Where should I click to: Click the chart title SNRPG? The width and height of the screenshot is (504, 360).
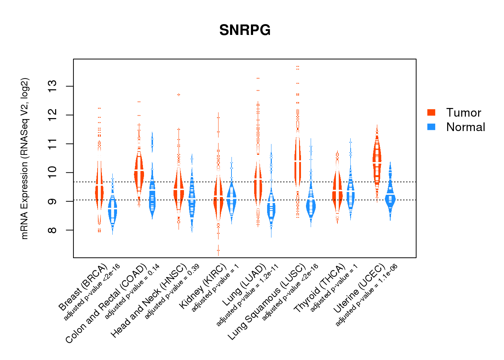point(245,30)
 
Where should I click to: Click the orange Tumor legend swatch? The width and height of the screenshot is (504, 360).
point(431,112)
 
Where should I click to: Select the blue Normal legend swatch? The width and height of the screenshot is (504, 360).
point(431,127)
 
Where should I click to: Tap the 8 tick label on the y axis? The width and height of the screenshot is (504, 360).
point(53,230)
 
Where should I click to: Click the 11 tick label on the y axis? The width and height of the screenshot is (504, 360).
point(53,144)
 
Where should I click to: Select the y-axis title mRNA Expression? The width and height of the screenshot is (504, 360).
point(25,158)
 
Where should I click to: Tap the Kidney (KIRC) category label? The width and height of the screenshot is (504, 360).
point(203,286)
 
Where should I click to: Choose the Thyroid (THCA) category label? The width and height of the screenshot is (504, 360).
point(320,288)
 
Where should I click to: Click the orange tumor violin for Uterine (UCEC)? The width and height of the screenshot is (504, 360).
point(377,162)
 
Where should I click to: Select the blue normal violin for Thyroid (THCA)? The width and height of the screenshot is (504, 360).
point(350,194)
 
